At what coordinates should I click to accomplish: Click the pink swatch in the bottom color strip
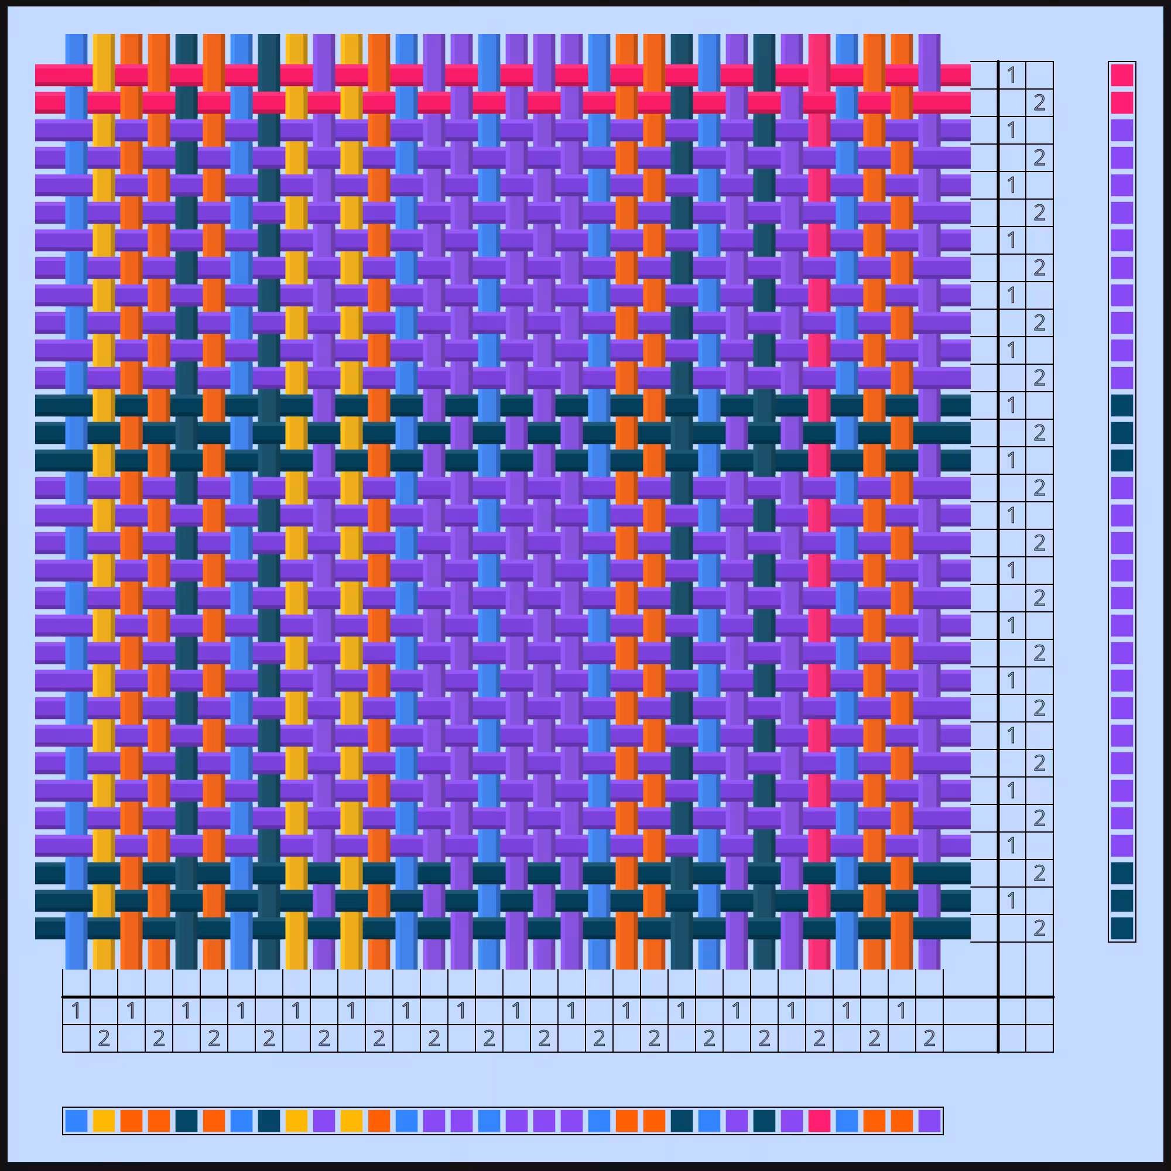coord(819,1121)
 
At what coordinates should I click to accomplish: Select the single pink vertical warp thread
coord(819,501)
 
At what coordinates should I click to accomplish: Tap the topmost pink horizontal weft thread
coord(502,75)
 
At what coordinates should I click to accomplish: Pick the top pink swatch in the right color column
coord(1122,75)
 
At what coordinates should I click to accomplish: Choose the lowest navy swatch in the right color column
coord(1122,928)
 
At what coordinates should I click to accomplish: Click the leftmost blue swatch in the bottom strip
coord(76,1121)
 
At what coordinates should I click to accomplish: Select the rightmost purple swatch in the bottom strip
coord(929,1121)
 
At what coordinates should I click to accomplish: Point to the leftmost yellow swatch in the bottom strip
coord(104,1121)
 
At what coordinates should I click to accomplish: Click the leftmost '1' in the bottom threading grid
coord(76,1011)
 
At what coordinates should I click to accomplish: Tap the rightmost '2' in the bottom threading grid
coord(929,1038)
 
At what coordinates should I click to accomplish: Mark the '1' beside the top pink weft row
coord(1012,75)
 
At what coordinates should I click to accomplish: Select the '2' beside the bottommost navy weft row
coord(1039,928)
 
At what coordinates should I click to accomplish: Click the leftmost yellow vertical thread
coord(104,501)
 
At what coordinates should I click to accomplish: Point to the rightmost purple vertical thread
coord(929,501)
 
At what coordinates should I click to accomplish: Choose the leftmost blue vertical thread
coord(76,501)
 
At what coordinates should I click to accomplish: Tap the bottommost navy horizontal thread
coord(502,928)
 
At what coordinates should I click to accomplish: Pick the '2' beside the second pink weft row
coord(1039,103)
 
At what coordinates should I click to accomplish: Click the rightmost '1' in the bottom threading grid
coord(901,1011)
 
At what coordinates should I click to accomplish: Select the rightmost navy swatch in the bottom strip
coord(763,1121)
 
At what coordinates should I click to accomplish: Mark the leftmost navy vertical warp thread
coord(187,501)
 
